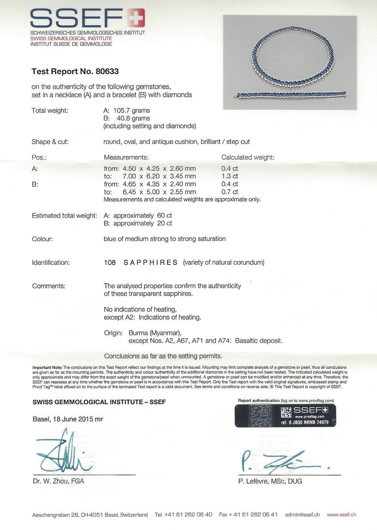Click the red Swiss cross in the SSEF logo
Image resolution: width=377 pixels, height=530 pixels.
pos(136,18)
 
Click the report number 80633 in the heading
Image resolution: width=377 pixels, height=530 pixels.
pos(107,72)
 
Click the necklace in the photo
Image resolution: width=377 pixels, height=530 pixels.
pos(290,57)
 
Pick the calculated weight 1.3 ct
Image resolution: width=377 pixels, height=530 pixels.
pos(230,176)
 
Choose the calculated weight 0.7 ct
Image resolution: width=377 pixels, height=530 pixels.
pos(230,192)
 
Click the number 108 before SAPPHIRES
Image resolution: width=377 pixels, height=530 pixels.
pos(110,263)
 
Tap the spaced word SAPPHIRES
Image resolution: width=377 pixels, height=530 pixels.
pos(150,263)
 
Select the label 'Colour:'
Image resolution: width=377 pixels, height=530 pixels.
pos(42,239)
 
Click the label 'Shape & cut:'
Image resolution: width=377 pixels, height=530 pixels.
pos(50,142)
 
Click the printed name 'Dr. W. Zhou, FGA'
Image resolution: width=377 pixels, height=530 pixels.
pos(58,481)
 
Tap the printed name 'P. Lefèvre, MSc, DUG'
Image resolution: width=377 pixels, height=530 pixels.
pos(270,481)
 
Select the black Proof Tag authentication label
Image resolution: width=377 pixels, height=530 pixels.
pos(285,415)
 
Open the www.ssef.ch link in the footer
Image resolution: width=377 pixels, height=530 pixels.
pos(341,515)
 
